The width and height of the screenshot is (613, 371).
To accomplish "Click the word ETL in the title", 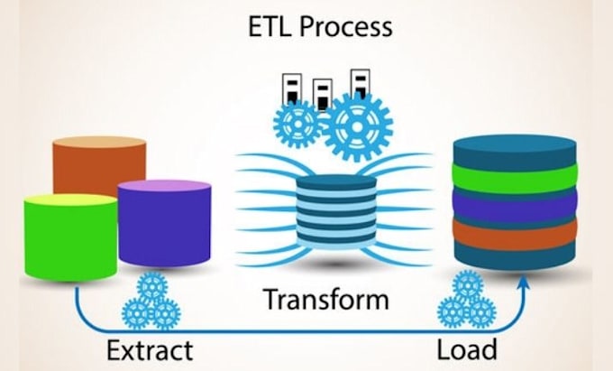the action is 270,26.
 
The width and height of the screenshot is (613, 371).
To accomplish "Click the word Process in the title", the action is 346,28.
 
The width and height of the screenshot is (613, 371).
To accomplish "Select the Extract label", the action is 150,350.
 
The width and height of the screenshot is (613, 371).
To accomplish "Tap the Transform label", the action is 326,299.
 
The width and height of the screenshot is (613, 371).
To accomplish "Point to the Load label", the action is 467,349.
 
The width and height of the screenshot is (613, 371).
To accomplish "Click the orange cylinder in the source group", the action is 99,164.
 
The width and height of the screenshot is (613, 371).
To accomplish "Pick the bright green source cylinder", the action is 70,237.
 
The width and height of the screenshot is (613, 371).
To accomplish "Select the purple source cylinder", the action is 164,223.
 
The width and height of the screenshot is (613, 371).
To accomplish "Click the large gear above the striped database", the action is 357,126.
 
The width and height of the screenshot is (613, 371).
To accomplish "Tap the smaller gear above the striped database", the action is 297,124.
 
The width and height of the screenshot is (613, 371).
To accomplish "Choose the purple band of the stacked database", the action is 515,205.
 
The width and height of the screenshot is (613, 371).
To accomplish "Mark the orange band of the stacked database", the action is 515,234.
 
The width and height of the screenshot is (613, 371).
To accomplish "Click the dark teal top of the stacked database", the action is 515,151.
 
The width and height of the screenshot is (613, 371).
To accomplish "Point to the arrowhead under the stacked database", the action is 524,283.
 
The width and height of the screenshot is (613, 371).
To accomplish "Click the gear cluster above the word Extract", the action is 151,301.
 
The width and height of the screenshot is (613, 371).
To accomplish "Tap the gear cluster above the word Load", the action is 467,299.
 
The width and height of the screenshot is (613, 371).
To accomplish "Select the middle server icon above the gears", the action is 323,95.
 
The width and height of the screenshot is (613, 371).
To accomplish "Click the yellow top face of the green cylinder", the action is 70,199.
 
